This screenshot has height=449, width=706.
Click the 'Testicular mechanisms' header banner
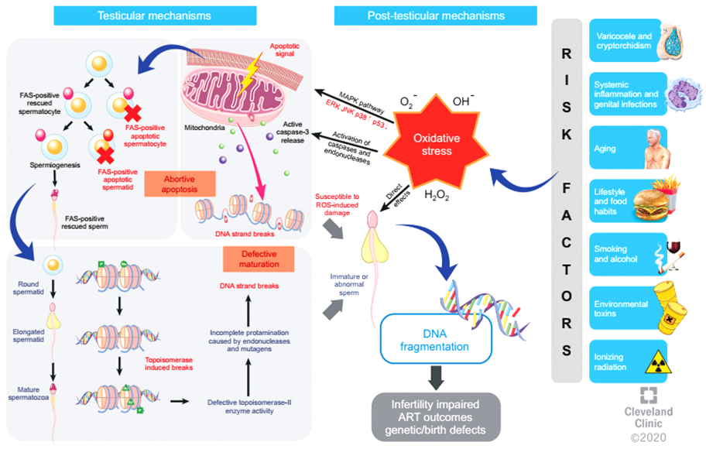[155, 15]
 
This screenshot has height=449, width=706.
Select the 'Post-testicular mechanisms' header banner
[435, 15]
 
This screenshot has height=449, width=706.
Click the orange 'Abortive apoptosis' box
[180, 184]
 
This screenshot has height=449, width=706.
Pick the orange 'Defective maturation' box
[259, 259]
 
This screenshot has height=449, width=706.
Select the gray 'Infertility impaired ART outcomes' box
[435, 417]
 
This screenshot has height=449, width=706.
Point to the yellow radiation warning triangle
[658, 362]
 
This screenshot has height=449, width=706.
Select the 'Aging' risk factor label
[605, 149]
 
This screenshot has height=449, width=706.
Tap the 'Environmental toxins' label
[620, 309]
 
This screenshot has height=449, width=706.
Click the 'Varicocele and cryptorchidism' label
[624, 41]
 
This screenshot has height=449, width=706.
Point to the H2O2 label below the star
[437, 195]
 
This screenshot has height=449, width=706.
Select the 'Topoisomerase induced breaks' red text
[169, 364]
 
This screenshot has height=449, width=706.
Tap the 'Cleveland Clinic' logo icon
[649, 395]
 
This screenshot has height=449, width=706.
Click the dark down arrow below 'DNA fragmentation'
[435, 378]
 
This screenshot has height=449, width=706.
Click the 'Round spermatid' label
[29, 288]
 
